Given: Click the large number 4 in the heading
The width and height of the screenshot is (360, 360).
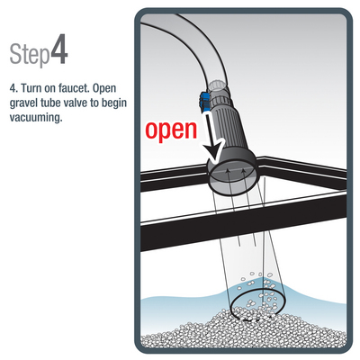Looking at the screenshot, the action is pos(58,49).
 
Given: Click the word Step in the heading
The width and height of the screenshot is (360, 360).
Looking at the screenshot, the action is pos(30,54).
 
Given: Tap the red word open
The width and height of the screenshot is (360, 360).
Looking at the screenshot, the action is pos(171,131).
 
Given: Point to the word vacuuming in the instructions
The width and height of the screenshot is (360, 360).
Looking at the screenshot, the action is pos(36,117).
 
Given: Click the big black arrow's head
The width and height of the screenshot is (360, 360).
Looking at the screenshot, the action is pos(215,151).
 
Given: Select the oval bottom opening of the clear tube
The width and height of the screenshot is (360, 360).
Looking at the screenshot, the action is pos(256,306).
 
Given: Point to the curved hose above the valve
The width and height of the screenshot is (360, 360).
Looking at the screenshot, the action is pos(186,43).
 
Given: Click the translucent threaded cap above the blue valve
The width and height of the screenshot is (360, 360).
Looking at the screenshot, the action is pos(217,86).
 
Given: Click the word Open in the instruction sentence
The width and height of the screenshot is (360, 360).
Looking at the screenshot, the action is pos(104,89).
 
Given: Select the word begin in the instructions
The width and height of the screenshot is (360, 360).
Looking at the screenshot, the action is pos(114,103).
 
